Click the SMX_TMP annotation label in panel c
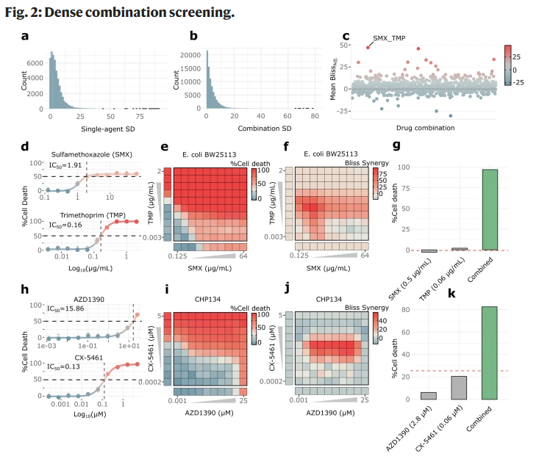[x=390, y=37]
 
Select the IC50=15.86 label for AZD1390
[x=65, y=308]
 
